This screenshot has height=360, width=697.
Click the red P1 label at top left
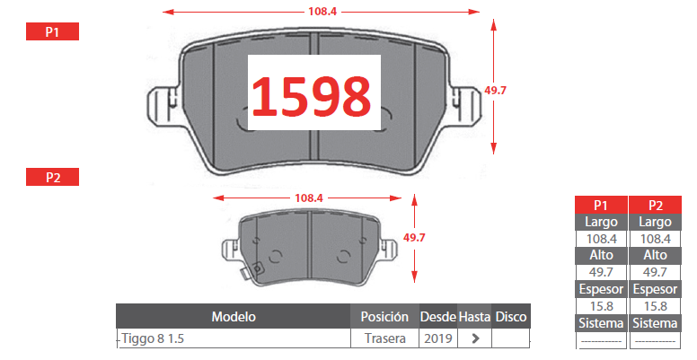click(52, 31)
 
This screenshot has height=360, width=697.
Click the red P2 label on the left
click(52, 177)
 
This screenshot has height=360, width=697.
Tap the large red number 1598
click(311, 96)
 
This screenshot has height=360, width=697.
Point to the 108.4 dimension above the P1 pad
click(322, 11)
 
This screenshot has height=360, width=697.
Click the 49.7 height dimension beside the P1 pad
click(495, 90)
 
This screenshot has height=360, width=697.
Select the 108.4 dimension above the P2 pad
click(309, 198)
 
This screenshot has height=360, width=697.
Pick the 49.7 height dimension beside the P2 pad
click(414, 238)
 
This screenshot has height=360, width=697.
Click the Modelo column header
click(234, 317)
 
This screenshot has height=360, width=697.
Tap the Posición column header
click(384, 317)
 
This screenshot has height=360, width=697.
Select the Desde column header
click(438, 317)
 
